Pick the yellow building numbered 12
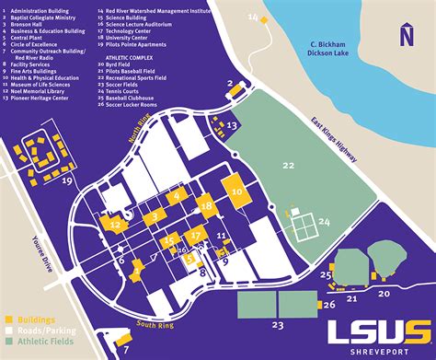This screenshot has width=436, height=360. [x=117, y=222]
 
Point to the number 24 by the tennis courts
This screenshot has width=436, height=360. [x=324, y=222]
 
